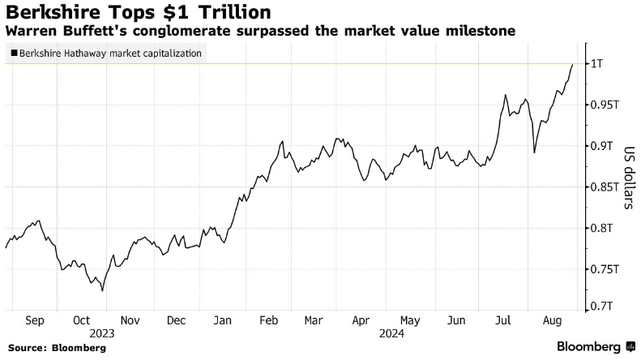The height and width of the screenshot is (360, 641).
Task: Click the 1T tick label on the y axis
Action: click(596, 64)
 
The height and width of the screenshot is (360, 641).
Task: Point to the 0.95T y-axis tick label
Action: click(605, 105)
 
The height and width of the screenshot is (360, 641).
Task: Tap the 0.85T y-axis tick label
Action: click(605, 187)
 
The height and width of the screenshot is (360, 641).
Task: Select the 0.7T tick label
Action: click(601, 306)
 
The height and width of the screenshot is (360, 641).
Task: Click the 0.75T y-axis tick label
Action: click(605, 269)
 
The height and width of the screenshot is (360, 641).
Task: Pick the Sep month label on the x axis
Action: click(34, 320)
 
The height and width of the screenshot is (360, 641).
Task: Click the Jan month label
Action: click(222, 320)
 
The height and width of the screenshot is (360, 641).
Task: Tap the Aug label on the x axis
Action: click(552, 320)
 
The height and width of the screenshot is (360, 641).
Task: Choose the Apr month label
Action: click(361, 320)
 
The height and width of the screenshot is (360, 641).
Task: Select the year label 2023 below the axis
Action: click(102, 334)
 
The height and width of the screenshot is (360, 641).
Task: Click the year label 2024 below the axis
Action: click(391, 334)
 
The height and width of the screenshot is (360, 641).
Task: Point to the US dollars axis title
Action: click(630, 178)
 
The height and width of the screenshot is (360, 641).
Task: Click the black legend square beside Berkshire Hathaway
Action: click(15, 54)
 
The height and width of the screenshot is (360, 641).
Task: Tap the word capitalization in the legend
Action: click(177, 54)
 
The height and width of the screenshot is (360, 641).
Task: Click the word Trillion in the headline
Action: click(235, 12)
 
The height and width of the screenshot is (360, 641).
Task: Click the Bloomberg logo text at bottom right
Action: click(588, 347)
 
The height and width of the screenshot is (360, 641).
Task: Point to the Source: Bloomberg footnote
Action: click(57, 348)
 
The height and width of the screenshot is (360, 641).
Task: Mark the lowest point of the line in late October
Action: click(102, 291)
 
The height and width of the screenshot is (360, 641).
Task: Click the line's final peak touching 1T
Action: click(572, 64)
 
